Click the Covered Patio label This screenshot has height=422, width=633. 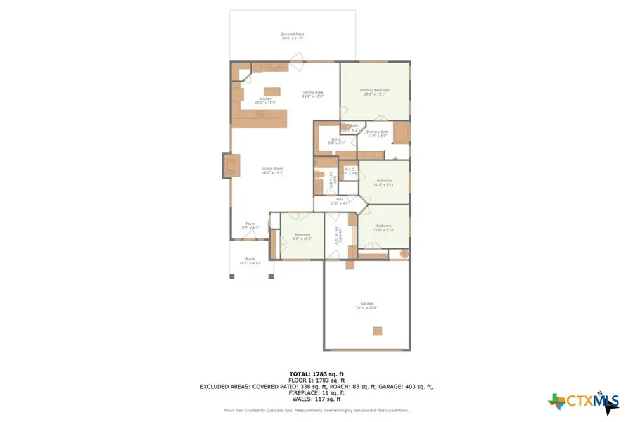(x=292, y=35)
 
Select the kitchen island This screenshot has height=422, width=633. (x=271, y=91)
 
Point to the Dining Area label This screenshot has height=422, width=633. (x=312, y=94)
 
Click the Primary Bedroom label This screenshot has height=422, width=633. (x=374, y=91)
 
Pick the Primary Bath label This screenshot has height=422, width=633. (x=377, y=133)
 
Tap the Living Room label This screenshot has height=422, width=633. (x=272, y=170)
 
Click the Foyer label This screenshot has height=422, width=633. (x=251, y=226)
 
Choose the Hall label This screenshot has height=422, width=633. (x=339, y=201)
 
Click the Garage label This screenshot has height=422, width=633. (x=366, y=305)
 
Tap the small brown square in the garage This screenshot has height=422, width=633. (x=378, y=331)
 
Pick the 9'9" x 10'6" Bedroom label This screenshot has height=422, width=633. (x=302, y=236)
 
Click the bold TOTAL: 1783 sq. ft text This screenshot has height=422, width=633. (x=316, y=373)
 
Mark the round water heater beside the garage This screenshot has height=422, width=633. (x=404, y=253)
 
